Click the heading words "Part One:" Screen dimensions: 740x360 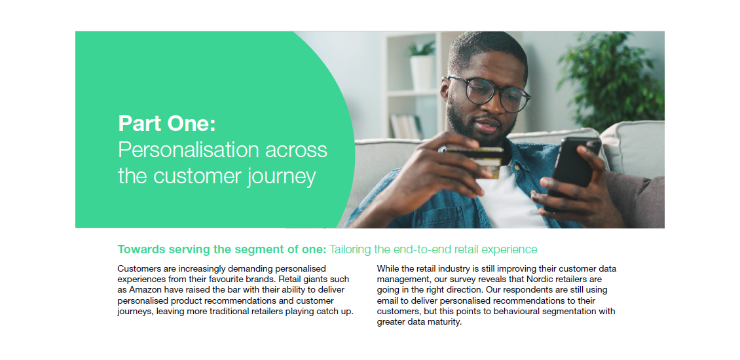pos(166,123)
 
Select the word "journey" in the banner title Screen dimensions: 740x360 pos(282,177)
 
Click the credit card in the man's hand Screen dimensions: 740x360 pos(474,162)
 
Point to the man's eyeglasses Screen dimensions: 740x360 pos(489,92)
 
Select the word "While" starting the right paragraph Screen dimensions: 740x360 pos(387,268)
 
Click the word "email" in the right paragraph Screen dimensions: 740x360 pos(387,300)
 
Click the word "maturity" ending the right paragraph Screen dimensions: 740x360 pos(445,323)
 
